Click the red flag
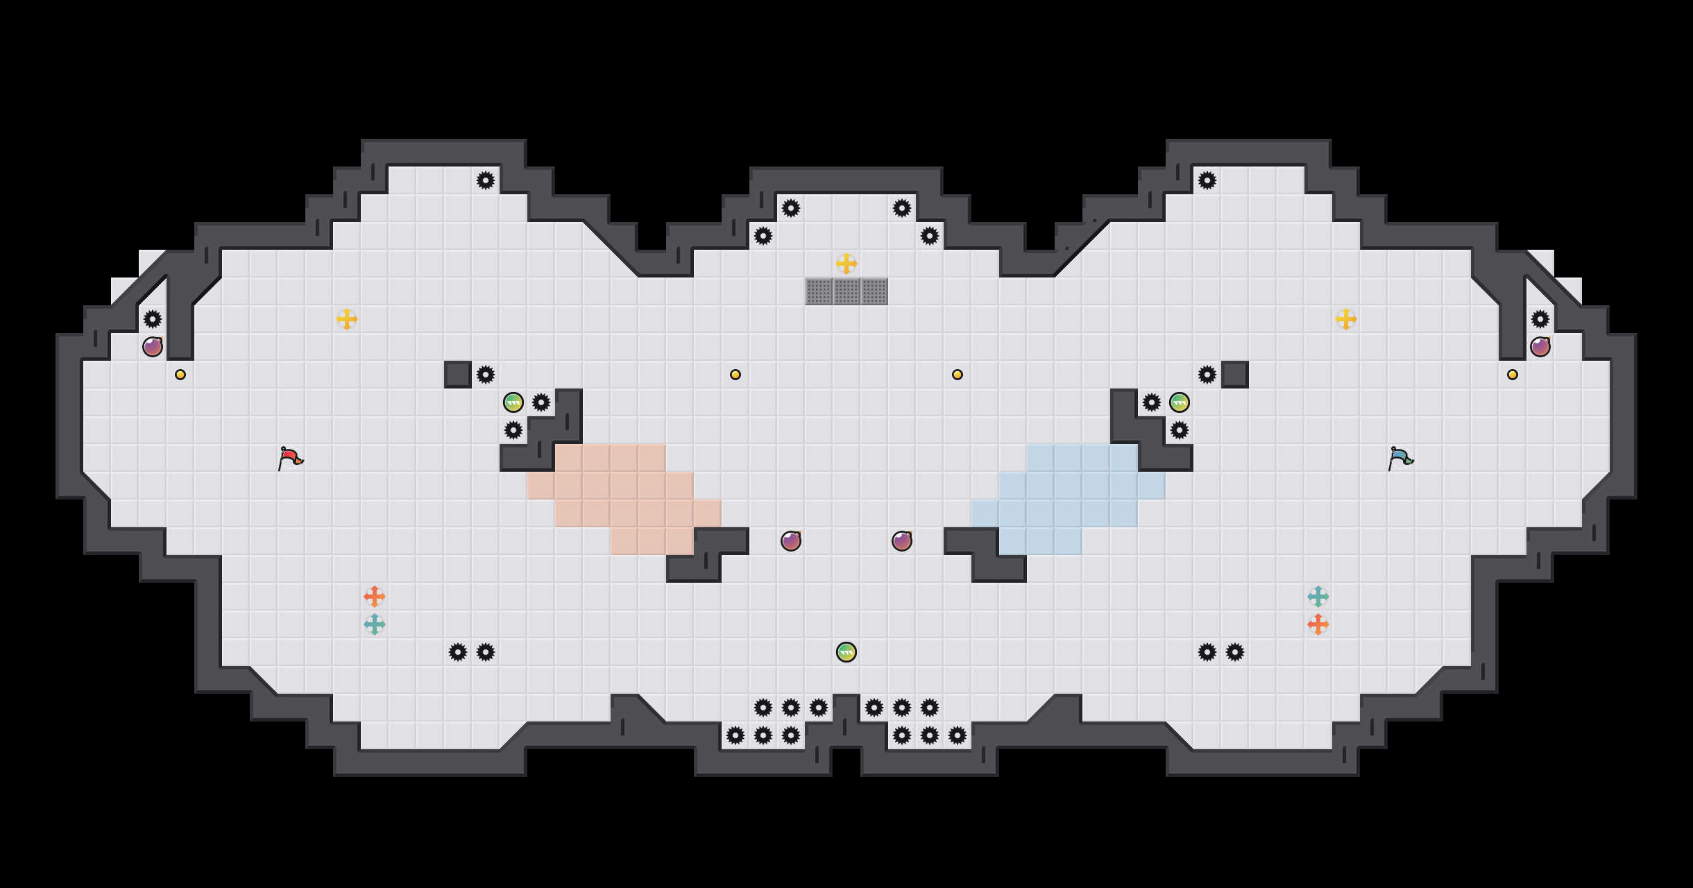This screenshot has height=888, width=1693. click(290, 458)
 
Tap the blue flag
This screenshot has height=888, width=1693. click(1400, 458)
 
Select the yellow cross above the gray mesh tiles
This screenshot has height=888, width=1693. click(846, 264)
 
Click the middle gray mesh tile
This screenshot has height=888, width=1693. click(846, 291)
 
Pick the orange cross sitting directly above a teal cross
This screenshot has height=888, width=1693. click(375, 597)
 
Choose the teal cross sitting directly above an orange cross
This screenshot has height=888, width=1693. click(1318, 597)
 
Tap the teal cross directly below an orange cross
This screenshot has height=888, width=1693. click(375, 624)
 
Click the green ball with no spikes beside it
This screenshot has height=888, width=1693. click(846, 652)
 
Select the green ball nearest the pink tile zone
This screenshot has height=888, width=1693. click(513, 402)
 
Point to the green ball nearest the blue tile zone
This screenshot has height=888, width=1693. click(1180, 402)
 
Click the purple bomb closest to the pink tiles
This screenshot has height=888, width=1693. click(791, 541)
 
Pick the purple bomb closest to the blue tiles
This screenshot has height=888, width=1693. click(902, 541)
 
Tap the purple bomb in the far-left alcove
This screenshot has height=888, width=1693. click(153, 347)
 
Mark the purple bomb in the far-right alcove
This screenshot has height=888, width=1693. click(1540, 347)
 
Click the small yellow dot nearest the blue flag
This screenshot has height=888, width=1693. click(1513, 375)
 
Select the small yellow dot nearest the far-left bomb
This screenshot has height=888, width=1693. click(180, 375)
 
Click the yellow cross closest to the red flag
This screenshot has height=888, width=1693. click(347, 319)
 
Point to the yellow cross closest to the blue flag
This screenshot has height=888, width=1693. click(1346, 319)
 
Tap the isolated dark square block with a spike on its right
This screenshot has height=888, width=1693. click(458, 375)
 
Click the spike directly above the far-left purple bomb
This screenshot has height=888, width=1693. click(153, 319)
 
